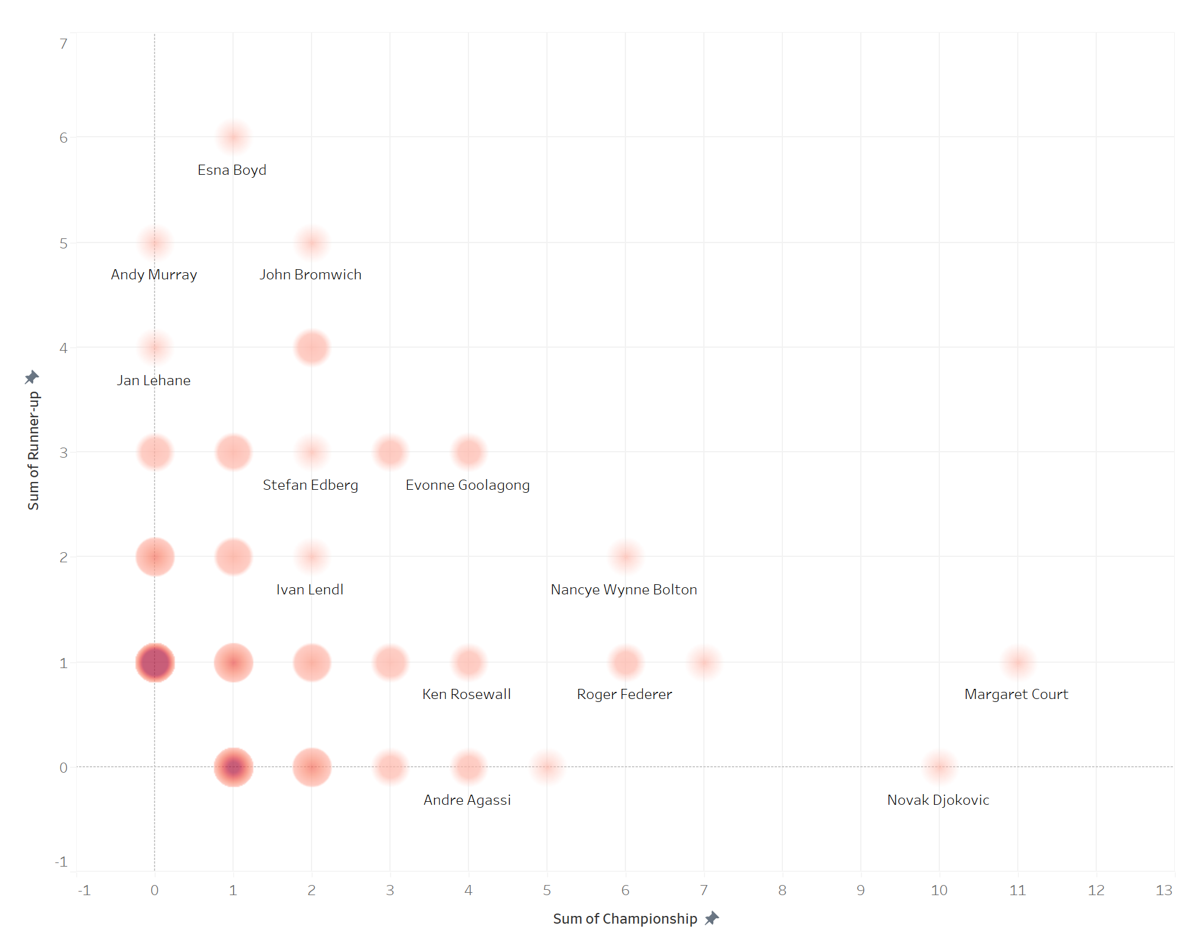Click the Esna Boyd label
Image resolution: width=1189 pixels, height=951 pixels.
click(232, 170)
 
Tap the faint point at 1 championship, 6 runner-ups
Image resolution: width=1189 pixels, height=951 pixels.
click(233, 137)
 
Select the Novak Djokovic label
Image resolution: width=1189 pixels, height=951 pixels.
click(938, 800)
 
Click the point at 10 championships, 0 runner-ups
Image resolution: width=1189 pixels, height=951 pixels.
click(939, 767)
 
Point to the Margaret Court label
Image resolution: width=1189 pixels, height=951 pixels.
click(1016, 694)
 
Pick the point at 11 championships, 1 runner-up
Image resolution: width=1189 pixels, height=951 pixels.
click(1018, 662)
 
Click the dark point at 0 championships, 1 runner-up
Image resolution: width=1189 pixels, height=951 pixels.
click(155, 662)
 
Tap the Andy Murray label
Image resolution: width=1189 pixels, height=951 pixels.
click(153, 275)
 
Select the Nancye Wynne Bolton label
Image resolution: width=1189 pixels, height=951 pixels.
click(624, 590)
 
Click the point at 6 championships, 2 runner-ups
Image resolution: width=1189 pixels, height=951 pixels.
click(625, 557)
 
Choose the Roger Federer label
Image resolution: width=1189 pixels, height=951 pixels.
click(624, 694)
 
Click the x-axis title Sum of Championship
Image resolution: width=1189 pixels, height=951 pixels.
click(625, 919)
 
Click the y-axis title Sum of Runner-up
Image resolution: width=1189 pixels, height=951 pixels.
click(33, 451)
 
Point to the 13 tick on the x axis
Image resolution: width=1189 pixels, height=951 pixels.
click(1163, 890)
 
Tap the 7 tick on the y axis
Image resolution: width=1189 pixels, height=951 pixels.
click(64, 44)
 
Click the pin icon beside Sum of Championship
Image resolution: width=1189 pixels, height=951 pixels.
click(712, 918)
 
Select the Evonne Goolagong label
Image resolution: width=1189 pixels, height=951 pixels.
click(467, 485)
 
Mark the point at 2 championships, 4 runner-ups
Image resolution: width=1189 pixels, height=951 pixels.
click(312, 347)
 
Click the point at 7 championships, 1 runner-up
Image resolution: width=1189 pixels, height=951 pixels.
click(704, 662)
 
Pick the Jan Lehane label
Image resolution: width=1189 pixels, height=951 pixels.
click(153, 380)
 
